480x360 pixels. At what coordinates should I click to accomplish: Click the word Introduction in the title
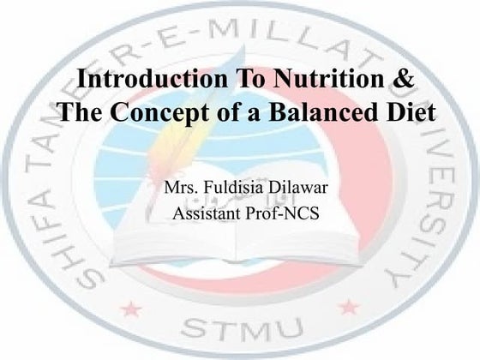(141, 80)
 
